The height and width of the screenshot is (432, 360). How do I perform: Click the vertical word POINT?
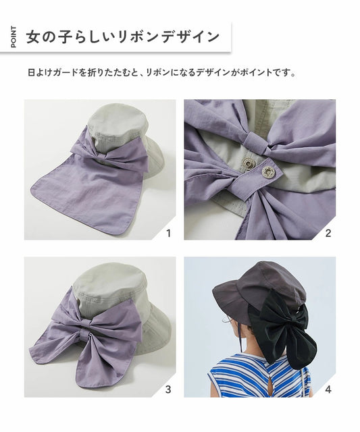click(x=15, y=36)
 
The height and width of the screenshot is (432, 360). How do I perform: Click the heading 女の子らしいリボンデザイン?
click(x=123, y=36)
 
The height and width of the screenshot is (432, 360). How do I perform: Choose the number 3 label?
click(x=168, y=389)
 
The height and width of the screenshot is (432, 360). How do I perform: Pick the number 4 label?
click(x=328, y=389)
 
